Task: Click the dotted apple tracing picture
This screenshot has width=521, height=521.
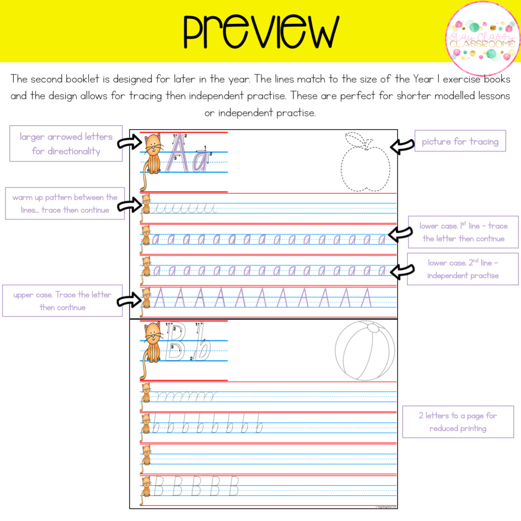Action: point(365,166)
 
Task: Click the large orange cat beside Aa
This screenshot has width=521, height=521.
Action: point(153,153)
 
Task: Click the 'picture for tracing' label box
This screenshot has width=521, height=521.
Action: point(460,141)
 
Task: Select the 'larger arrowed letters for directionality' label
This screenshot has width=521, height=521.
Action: point(66,143)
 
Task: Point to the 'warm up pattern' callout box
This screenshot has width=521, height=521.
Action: point(65,204)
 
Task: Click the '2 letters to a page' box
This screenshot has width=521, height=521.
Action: point(458,422)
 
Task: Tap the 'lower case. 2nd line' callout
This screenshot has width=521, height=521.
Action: point(462,269)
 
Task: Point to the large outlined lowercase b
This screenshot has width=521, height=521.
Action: point(202,346)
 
